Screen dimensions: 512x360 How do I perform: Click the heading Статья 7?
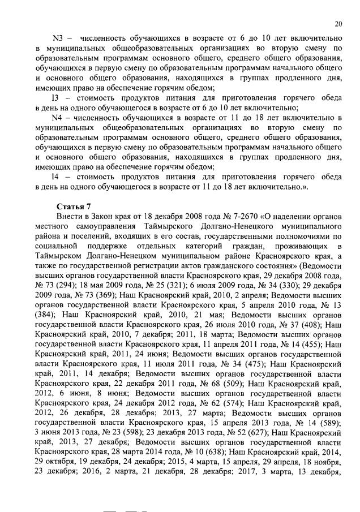(x=73, y=205)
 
